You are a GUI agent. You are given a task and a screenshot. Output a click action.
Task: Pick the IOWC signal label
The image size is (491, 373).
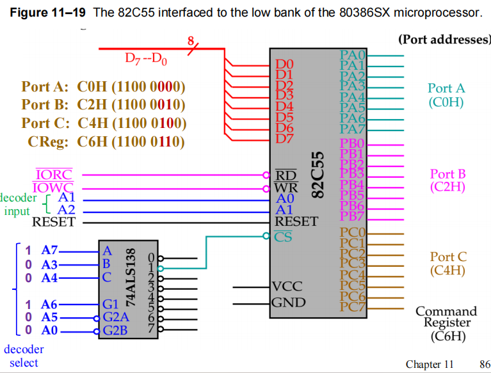coord(54,187)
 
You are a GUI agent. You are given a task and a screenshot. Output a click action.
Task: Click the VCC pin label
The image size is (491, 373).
coord(287,286)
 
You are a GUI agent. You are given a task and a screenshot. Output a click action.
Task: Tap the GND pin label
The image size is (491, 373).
coord(289,302)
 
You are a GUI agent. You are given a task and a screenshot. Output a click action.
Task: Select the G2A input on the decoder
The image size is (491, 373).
coord(115,317)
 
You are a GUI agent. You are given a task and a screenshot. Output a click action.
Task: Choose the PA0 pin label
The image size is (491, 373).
coord(352,54)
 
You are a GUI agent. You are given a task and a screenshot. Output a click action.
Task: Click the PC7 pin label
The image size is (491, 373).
coord(352,306)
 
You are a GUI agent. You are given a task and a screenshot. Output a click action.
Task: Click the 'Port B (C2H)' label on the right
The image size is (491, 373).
coord(447,180)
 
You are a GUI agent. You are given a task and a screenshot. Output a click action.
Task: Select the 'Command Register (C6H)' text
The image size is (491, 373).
coord(446,323)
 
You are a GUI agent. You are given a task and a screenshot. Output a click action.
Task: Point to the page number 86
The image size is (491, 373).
coord(484,365)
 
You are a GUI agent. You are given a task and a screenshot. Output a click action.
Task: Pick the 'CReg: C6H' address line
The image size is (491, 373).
coord(106,141)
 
